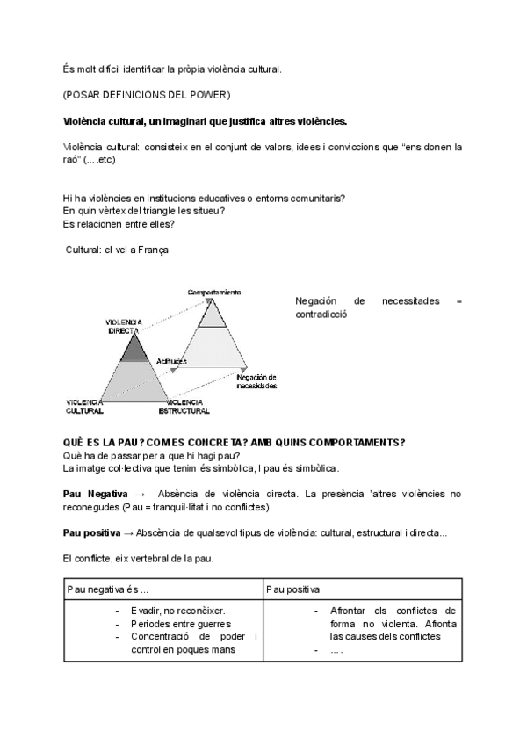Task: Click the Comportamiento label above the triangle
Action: click(x=213, y=292)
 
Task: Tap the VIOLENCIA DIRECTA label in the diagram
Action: click(x=125, y=326)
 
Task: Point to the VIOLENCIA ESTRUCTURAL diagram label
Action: click(x=183, y=406)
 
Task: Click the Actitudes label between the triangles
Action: click(x=170, y=360)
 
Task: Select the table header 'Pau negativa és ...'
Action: click(x=114, y=588)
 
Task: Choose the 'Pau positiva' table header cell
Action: click(x=294, y=588)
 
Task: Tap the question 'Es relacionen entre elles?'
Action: click(x=119, y=223)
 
